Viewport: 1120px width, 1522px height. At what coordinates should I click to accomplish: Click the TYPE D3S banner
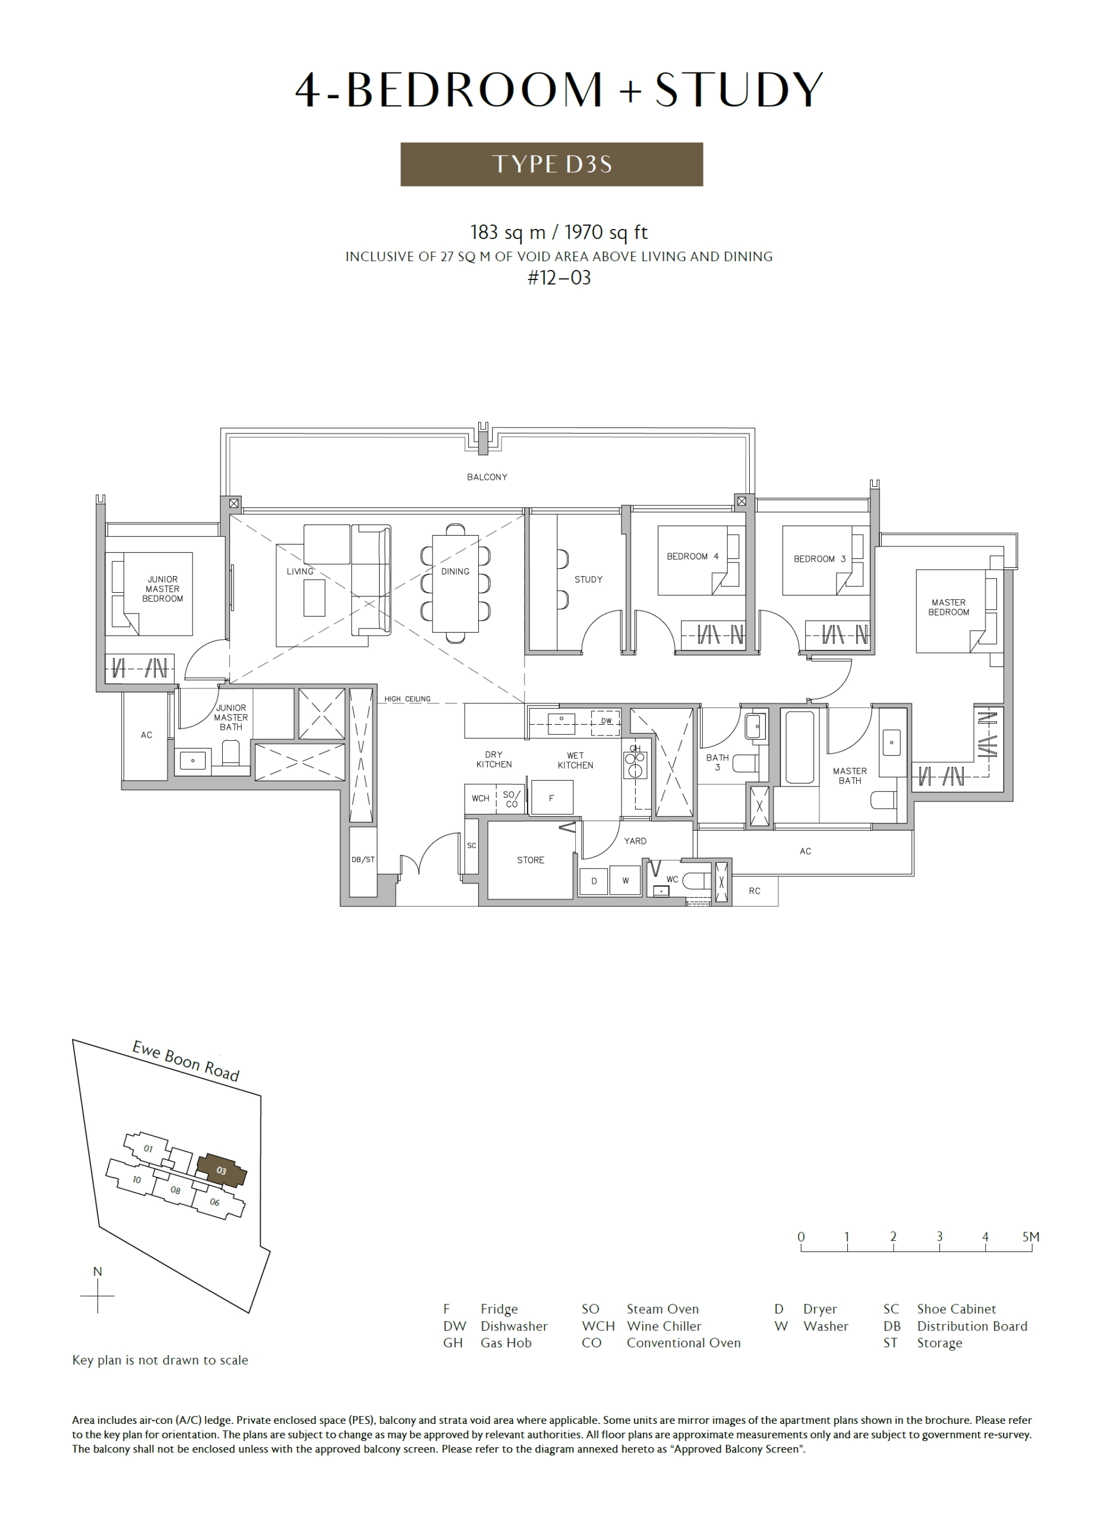click(551, 164)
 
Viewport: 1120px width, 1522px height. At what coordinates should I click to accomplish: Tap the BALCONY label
click(487, 477)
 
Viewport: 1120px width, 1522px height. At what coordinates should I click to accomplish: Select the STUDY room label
click(588, 579)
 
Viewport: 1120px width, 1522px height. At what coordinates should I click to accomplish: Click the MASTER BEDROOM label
click(948, 607)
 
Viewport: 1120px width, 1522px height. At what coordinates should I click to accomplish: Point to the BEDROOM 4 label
click(692, 556)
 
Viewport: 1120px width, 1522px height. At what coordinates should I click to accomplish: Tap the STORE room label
click(530, 860)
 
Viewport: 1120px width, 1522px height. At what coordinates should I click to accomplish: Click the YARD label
click(635, 841)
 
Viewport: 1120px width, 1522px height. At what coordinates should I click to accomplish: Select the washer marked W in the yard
click(625, 881)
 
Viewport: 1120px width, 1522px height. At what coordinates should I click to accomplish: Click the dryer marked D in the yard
click(594, 881)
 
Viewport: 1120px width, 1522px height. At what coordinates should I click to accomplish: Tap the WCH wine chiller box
click(481, 798)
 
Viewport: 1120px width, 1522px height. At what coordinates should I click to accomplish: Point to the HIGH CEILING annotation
click(408, 699)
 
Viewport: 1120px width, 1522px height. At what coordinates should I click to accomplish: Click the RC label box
click(755, 891)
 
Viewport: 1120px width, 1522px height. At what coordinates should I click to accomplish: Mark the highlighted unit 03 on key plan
click(221, 1170)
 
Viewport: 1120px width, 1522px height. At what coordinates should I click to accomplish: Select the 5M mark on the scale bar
click(1030, 1237)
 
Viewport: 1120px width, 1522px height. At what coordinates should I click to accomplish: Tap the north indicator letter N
click(97, 1272)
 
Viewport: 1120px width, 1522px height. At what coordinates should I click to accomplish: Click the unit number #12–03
click(559, 278)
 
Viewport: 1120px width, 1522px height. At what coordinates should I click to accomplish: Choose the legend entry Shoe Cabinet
click(957, 1309)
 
